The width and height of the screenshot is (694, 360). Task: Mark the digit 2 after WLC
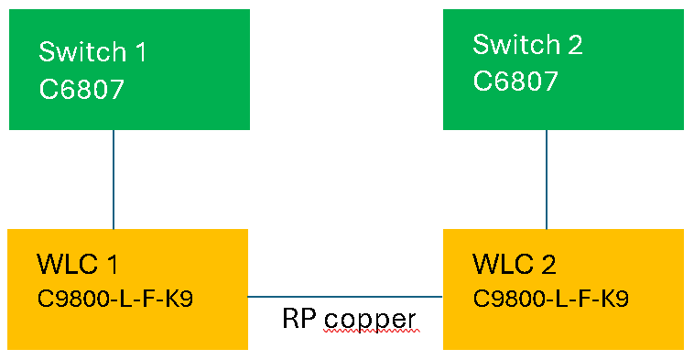click(547, 265)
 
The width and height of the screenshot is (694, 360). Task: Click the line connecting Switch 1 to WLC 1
click(114, 179)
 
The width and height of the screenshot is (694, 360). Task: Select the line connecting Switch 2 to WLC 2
click(547, 179)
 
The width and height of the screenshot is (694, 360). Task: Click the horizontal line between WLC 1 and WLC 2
click(345, 297)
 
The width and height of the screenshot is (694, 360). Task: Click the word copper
click(370, 321)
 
